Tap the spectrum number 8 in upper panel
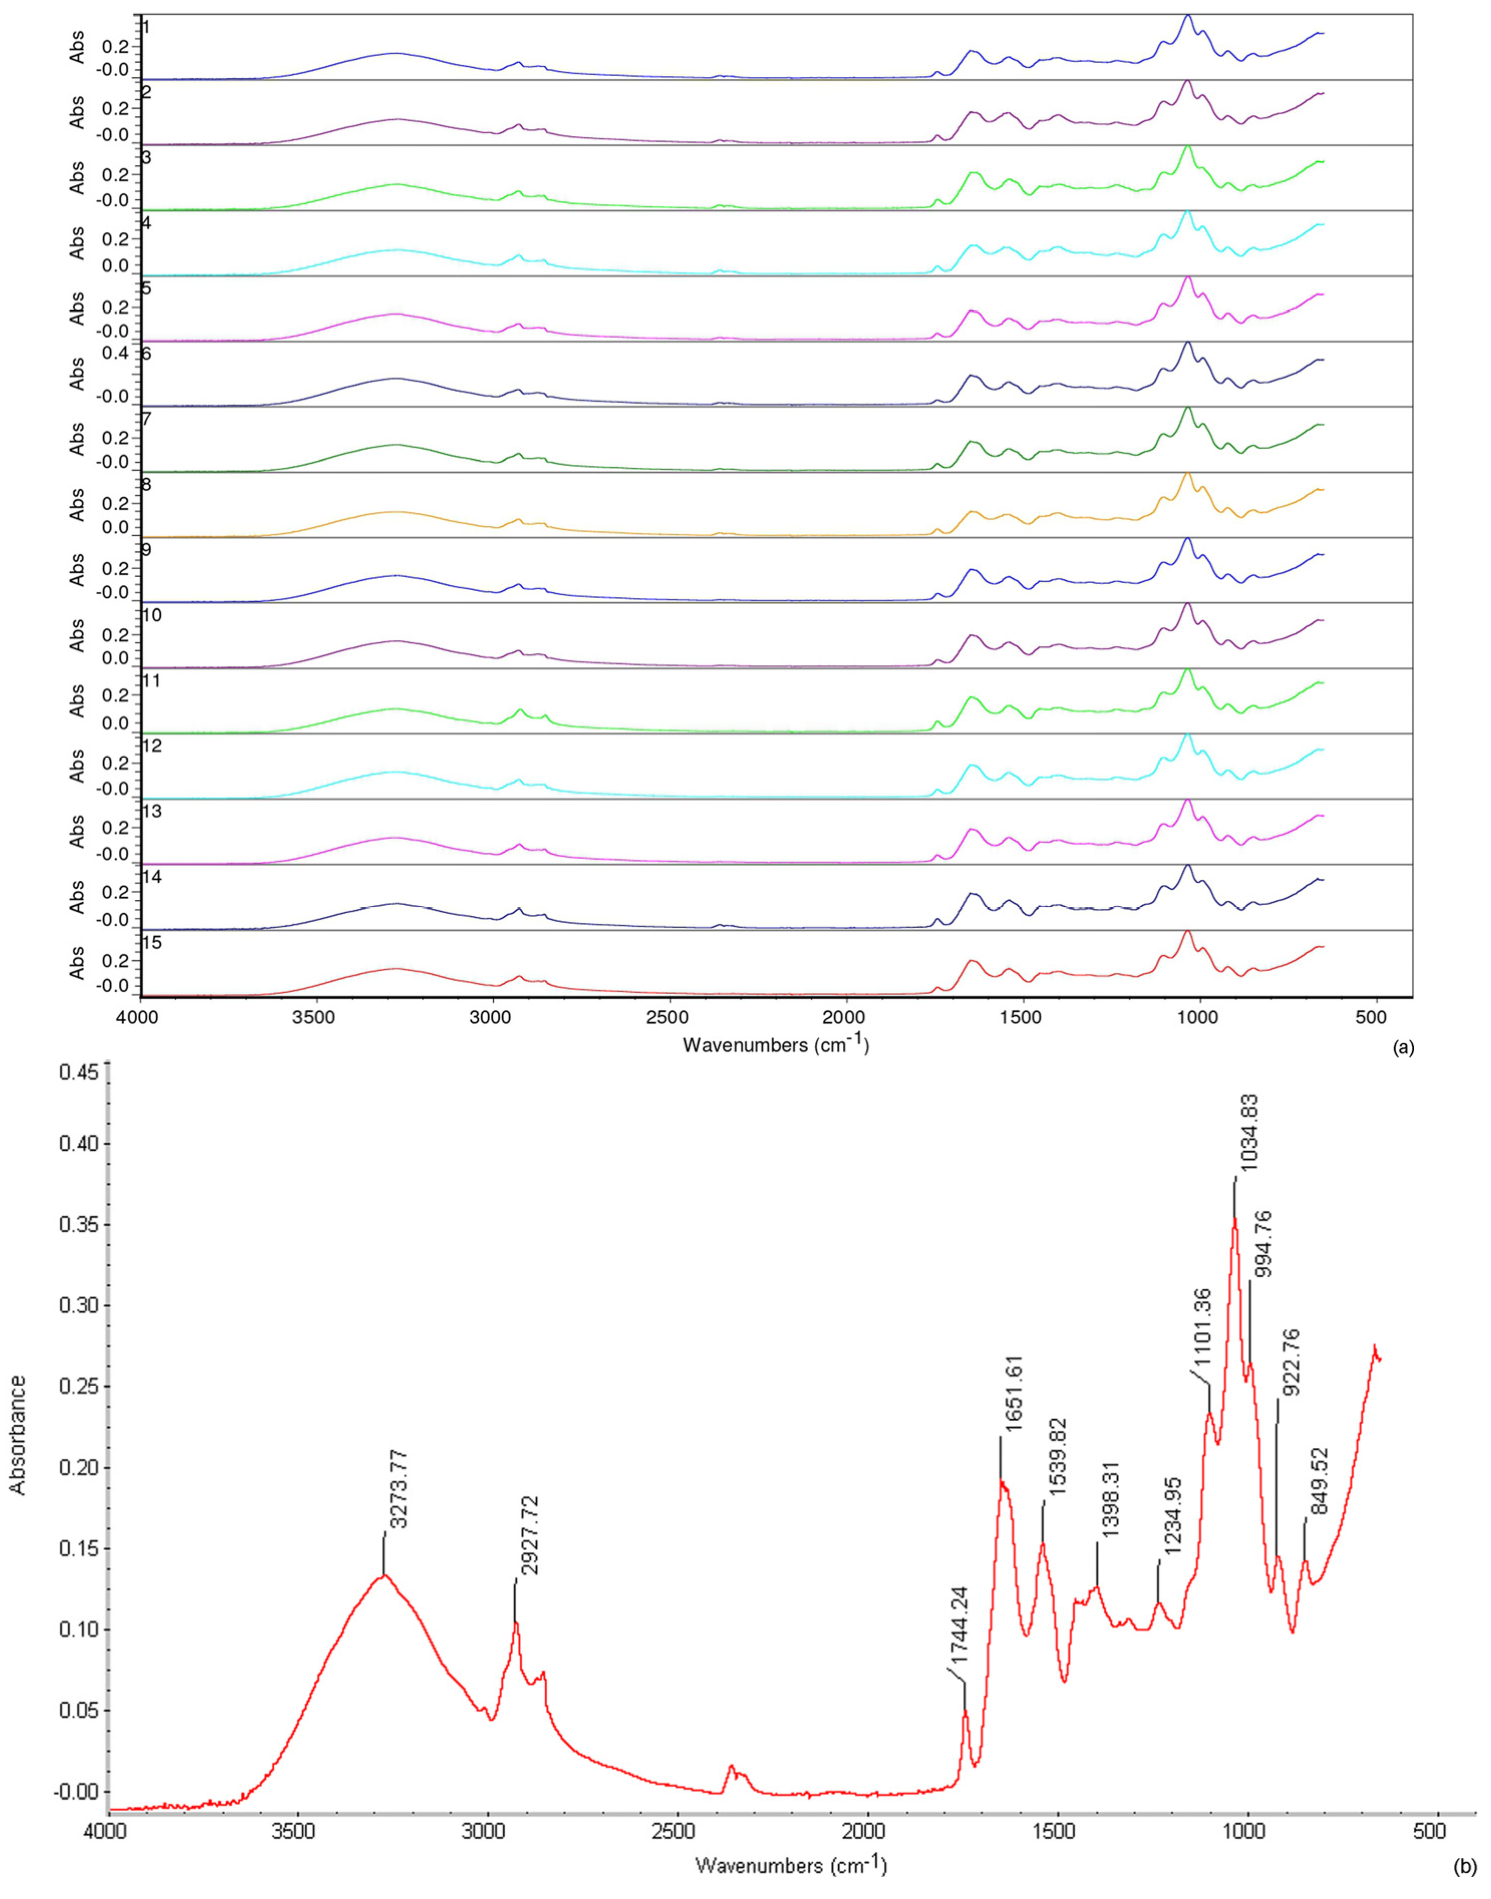click(146, 484)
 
